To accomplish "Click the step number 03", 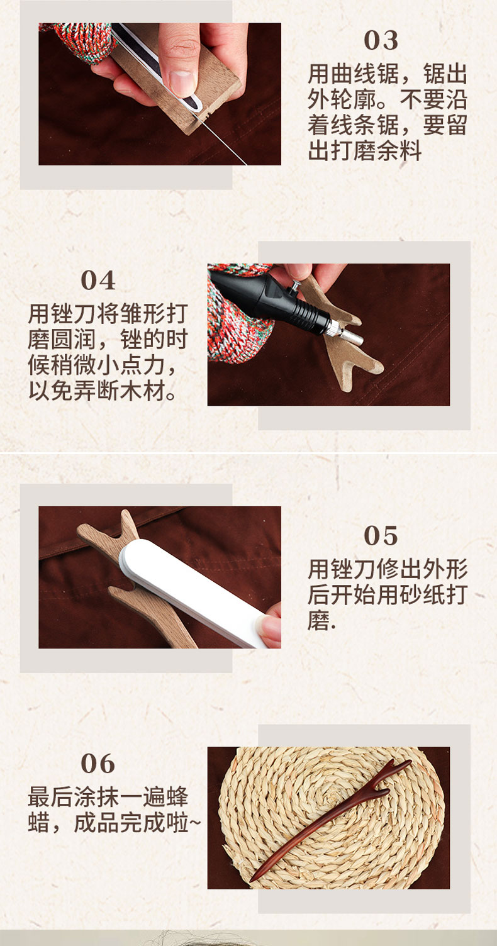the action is [381, 40].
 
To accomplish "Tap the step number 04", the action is [98, 280].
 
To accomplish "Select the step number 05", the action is [381, 536].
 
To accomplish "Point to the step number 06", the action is [98, 764].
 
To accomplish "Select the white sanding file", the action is [194, 591].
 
